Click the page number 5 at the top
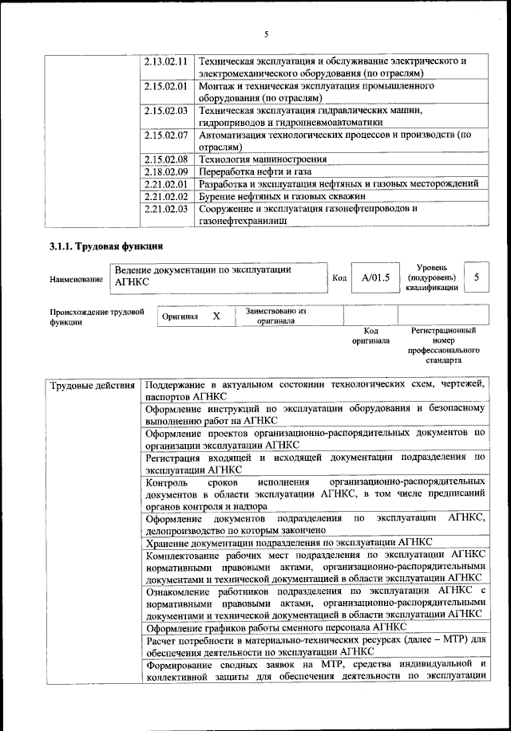click(x=267, y=33)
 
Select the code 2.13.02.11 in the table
click(x=166, y=61)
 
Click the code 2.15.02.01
click(x=166, y=85)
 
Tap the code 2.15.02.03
click(x=166, y=110)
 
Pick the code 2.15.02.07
click(x=166, y=135)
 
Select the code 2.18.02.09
click(x=166, y=171)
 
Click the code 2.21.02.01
click(x=166, y=184)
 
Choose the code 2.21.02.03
click(x=166, y=209)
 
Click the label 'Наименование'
click(x=76, y=279)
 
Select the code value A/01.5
click(x=374, y=277)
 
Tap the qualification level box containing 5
click(x=477, y=277)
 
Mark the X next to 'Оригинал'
click(x=216, y=316)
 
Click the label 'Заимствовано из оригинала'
click(x=276, y=316)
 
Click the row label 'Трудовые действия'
click(x=93, y=387)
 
